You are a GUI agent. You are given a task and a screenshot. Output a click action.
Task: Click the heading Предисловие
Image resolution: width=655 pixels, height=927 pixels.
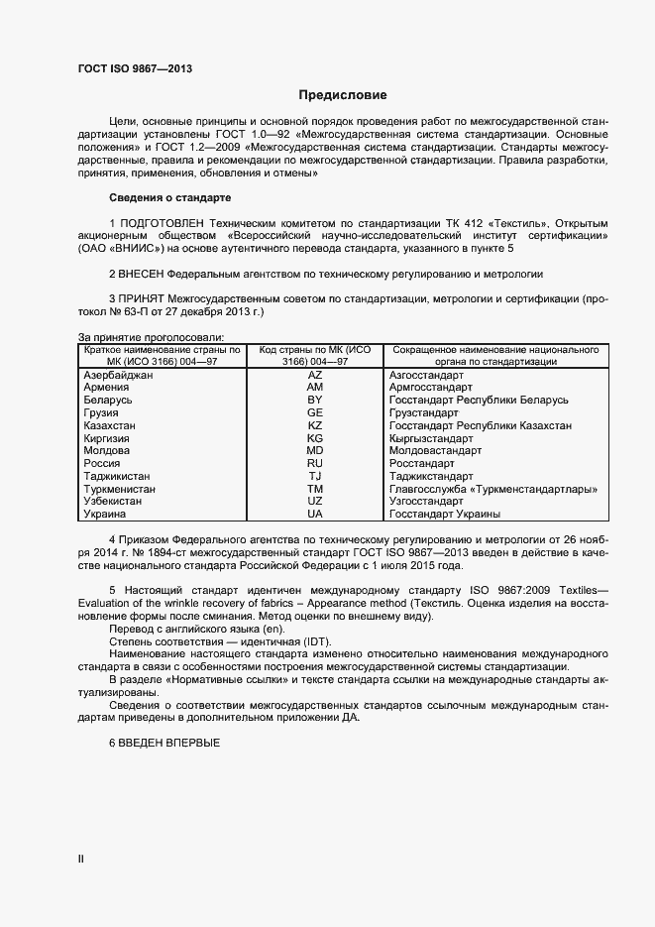pyautogui.click(x=343, y=95)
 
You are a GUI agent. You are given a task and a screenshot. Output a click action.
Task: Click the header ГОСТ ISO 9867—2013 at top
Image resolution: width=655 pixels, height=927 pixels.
pyautogui.click(x=135, y=68)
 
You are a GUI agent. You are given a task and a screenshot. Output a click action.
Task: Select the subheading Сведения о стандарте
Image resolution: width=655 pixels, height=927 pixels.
pyautogui.click(x=169, y=198)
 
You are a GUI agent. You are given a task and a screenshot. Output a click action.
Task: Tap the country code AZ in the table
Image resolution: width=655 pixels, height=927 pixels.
pyautogui.click(x=315, y=376)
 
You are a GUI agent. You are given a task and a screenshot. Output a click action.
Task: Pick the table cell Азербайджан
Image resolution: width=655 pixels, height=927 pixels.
pyautogui.click(x=118, y=376)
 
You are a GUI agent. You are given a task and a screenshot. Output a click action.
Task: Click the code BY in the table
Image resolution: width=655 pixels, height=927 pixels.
pyautogui.click(x=315, y=400)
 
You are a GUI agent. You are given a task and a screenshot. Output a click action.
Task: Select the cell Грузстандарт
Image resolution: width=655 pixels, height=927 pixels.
pyautogui.click(x=424, y=412)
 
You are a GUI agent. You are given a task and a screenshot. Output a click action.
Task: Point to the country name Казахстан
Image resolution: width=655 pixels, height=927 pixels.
pyautogui.click(x=110, y=424)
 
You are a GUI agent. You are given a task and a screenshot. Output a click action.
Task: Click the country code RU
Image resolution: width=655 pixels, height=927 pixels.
pyautogui.click(x=315, y=463)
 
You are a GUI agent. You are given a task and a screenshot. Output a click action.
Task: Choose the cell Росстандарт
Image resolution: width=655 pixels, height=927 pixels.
pyautogui.click(x=421, y=463)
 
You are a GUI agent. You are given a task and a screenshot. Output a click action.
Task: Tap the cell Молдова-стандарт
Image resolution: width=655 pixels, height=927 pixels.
pyautogui.click(x=435, y=450)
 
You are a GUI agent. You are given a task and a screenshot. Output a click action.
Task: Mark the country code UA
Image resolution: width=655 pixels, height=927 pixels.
pyautogui.click(x=315, y=515)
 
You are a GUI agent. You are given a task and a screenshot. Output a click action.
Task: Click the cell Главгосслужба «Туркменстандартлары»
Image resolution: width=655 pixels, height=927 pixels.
pyautogui.click(x=491, y=489)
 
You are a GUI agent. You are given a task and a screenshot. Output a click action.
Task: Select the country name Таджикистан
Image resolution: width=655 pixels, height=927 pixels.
pyautogui.click(x=116, y=476)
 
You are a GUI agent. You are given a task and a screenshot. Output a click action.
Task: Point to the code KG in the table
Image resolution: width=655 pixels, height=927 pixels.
pyautogui.click(x=315, y=438)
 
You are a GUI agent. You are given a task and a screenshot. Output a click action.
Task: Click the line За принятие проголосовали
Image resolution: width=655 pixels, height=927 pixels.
pyautogui.click(x=151, y=337)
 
